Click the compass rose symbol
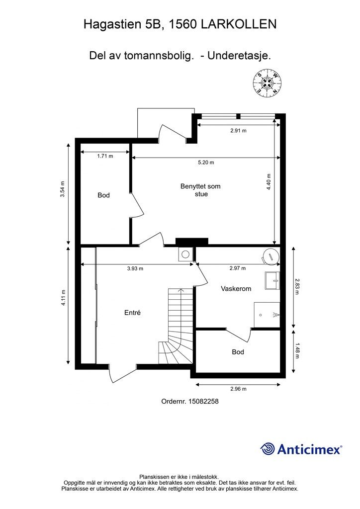pyautogui.click(x=267, y=83)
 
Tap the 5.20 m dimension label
pyautogui.click(x=206, y=163)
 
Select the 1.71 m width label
pyautogui.click(x=105, y=156)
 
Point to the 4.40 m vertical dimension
pyautogui.click(x=269, y=182)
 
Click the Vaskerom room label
pyautogui.click(x=236, y=289)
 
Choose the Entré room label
pyautogui.click(x=132, y=313)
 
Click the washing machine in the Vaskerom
pyautogui.click(x=270, y=256)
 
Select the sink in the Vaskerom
pyautogui.click(x=272, y=280)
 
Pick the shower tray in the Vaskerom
pyautogui.click(x=267, y=315)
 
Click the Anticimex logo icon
pyautogui.click(x=267, y=449)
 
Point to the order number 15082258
pyautogui.click(x=190, y=401)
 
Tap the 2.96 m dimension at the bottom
pyautogui.click(x=238, y=389)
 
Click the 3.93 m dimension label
pyautogui.click(x=135, y=269)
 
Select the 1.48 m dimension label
pyautogui.click(x=296, y=351)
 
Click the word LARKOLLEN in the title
pyautogui.click(x=239, y=24)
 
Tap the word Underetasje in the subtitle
pyautogui.click(x=239, y=56)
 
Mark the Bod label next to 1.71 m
pyautogui.click(x=103, y=195)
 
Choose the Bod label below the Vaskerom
pyautogui.click(x=238, y=352)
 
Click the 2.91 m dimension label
pyautogui.click(x=238, y=131)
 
